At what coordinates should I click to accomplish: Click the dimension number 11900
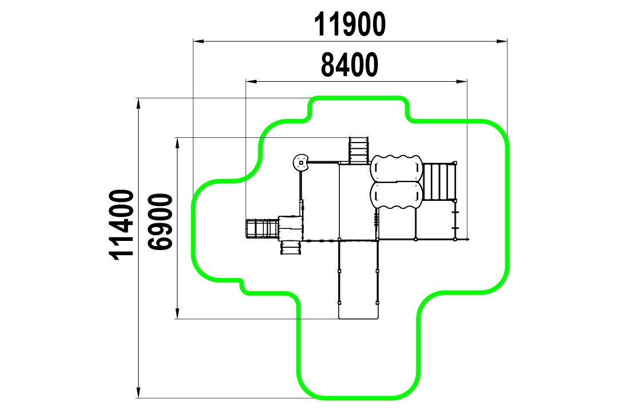click(350, 24)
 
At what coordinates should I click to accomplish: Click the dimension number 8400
click(350, 65)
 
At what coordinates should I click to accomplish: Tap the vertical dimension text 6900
click(160, 221)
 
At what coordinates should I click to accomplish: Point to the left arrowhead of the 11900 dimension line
click(198, 41)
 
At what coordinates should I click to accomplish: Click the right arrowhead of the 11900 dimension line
click(502, 41)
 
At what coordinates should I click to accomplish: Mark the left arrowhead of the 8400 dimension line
click(251, 82)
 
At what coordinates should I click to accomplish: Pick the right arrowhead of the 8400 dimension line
click(462, 82)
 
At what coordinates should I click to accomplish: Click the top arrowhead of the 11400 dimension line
click(138, 104)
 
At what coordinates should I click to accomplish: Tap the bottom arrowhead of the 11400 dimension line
click(138, 393)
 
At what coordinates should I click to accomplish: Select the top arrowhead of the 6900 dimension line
click(177, 143)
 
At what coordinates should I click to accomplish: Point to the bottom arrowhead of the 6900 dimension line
click(177, 313)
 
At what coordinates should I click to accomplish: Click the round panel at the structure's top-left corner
click(302, 163)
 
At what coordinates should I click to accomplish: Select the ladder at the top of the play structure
click(359, 150)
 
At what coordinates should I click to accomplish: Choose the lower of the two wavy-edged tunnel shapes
click(396, 195)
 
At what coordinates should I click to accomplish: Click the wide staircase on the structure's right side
click(439, 182)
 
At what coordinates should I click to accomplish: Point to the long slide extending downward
click(358, 279)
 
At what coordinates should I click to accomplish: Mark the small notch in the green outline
click(241, 283)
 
